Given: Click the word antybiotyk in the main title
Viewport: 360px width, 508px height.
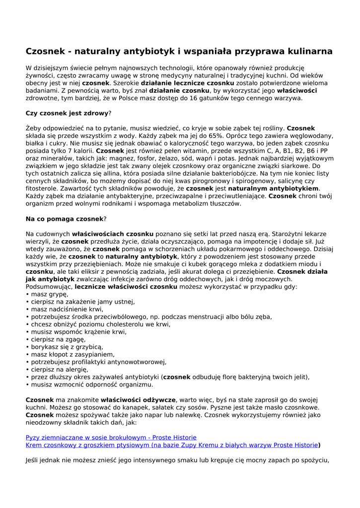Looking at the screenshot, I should click(x=150, y=52).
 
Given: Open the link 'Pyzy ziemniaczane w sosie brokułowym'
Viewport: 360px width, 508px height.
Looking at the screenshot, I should click(x=111, y=438).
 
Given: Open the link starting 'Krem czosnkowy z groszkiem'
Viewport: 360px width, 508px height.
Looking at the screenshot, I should click(x=171, y=445).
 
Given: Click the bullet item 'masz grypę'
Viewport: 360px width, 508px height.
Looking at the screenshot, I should click(x=50, y=294).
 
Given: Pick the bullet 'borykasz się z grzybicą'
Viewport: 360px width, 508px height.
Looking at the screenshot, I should click(x=67, y=347).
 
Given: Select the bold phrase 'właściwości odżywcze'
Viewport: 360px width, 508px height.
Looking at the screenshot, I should click(x=138, y=399).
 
